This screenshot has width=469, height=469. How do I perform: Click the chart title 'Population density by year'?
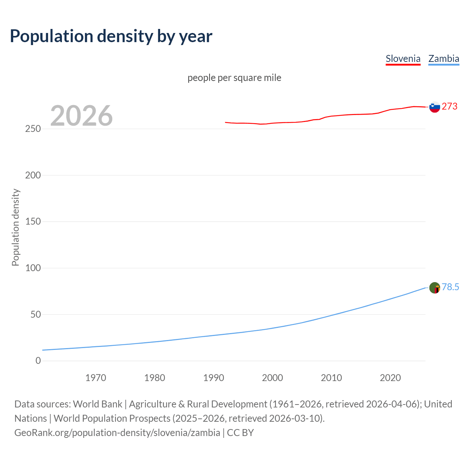tap(111, 36)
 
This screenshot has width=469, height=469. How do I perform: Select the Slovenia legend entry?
tap(403, 59)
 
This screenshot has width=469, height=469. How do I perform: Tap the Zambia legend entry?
tap(444, 59)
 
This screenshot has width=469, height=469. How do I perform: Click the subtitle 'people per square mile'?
tap(234, 78)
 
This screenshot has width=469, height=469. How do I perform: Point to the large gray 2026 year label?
tap(81, 116)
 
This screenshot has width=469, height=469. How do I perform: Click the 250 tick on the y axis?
tap(33, 129)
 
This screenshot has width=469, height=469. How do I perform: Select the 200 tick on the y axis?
tap(33, 175)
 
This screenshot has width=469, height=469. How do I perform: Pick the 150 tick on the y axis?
tap(33, 222)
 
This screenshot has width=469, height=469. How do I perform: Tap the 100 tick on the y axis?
tap(33, 268)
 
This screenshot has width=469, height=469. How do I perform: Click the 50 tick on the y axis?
tap(36, 314)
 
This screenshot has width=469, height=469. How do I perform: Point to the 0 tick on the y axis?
tap(38, 361)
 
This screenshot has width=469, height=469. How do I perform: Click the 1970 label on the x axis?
tap(96, 378)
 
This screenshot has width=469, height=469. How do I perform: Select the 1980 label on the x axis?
tap(155, 378)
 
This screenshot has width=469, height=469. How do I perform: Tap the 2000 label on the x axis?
tap(272, 378)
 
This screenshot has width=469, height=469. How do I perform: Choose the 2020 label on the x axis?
tap(390, 378)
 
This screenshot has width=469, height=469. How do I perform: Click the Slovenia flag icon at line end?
tap(435, 107)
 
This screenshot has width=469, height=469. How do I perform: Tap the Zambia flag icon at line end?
tap(435, 288)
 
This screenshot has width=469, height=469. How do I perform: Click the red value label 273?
tap(450, 106)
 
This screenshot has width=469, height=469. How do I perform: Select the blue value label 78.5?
tap(450, 287)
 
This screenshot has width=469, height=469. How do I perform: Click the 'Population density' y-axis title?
tap(15, 227)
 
